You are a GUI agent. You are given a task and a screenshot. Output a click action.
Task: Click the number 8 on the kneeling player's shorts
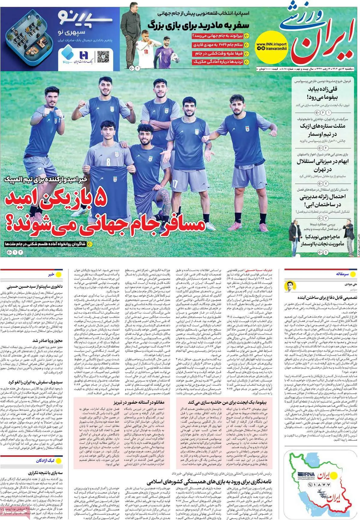click(108, 163)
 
